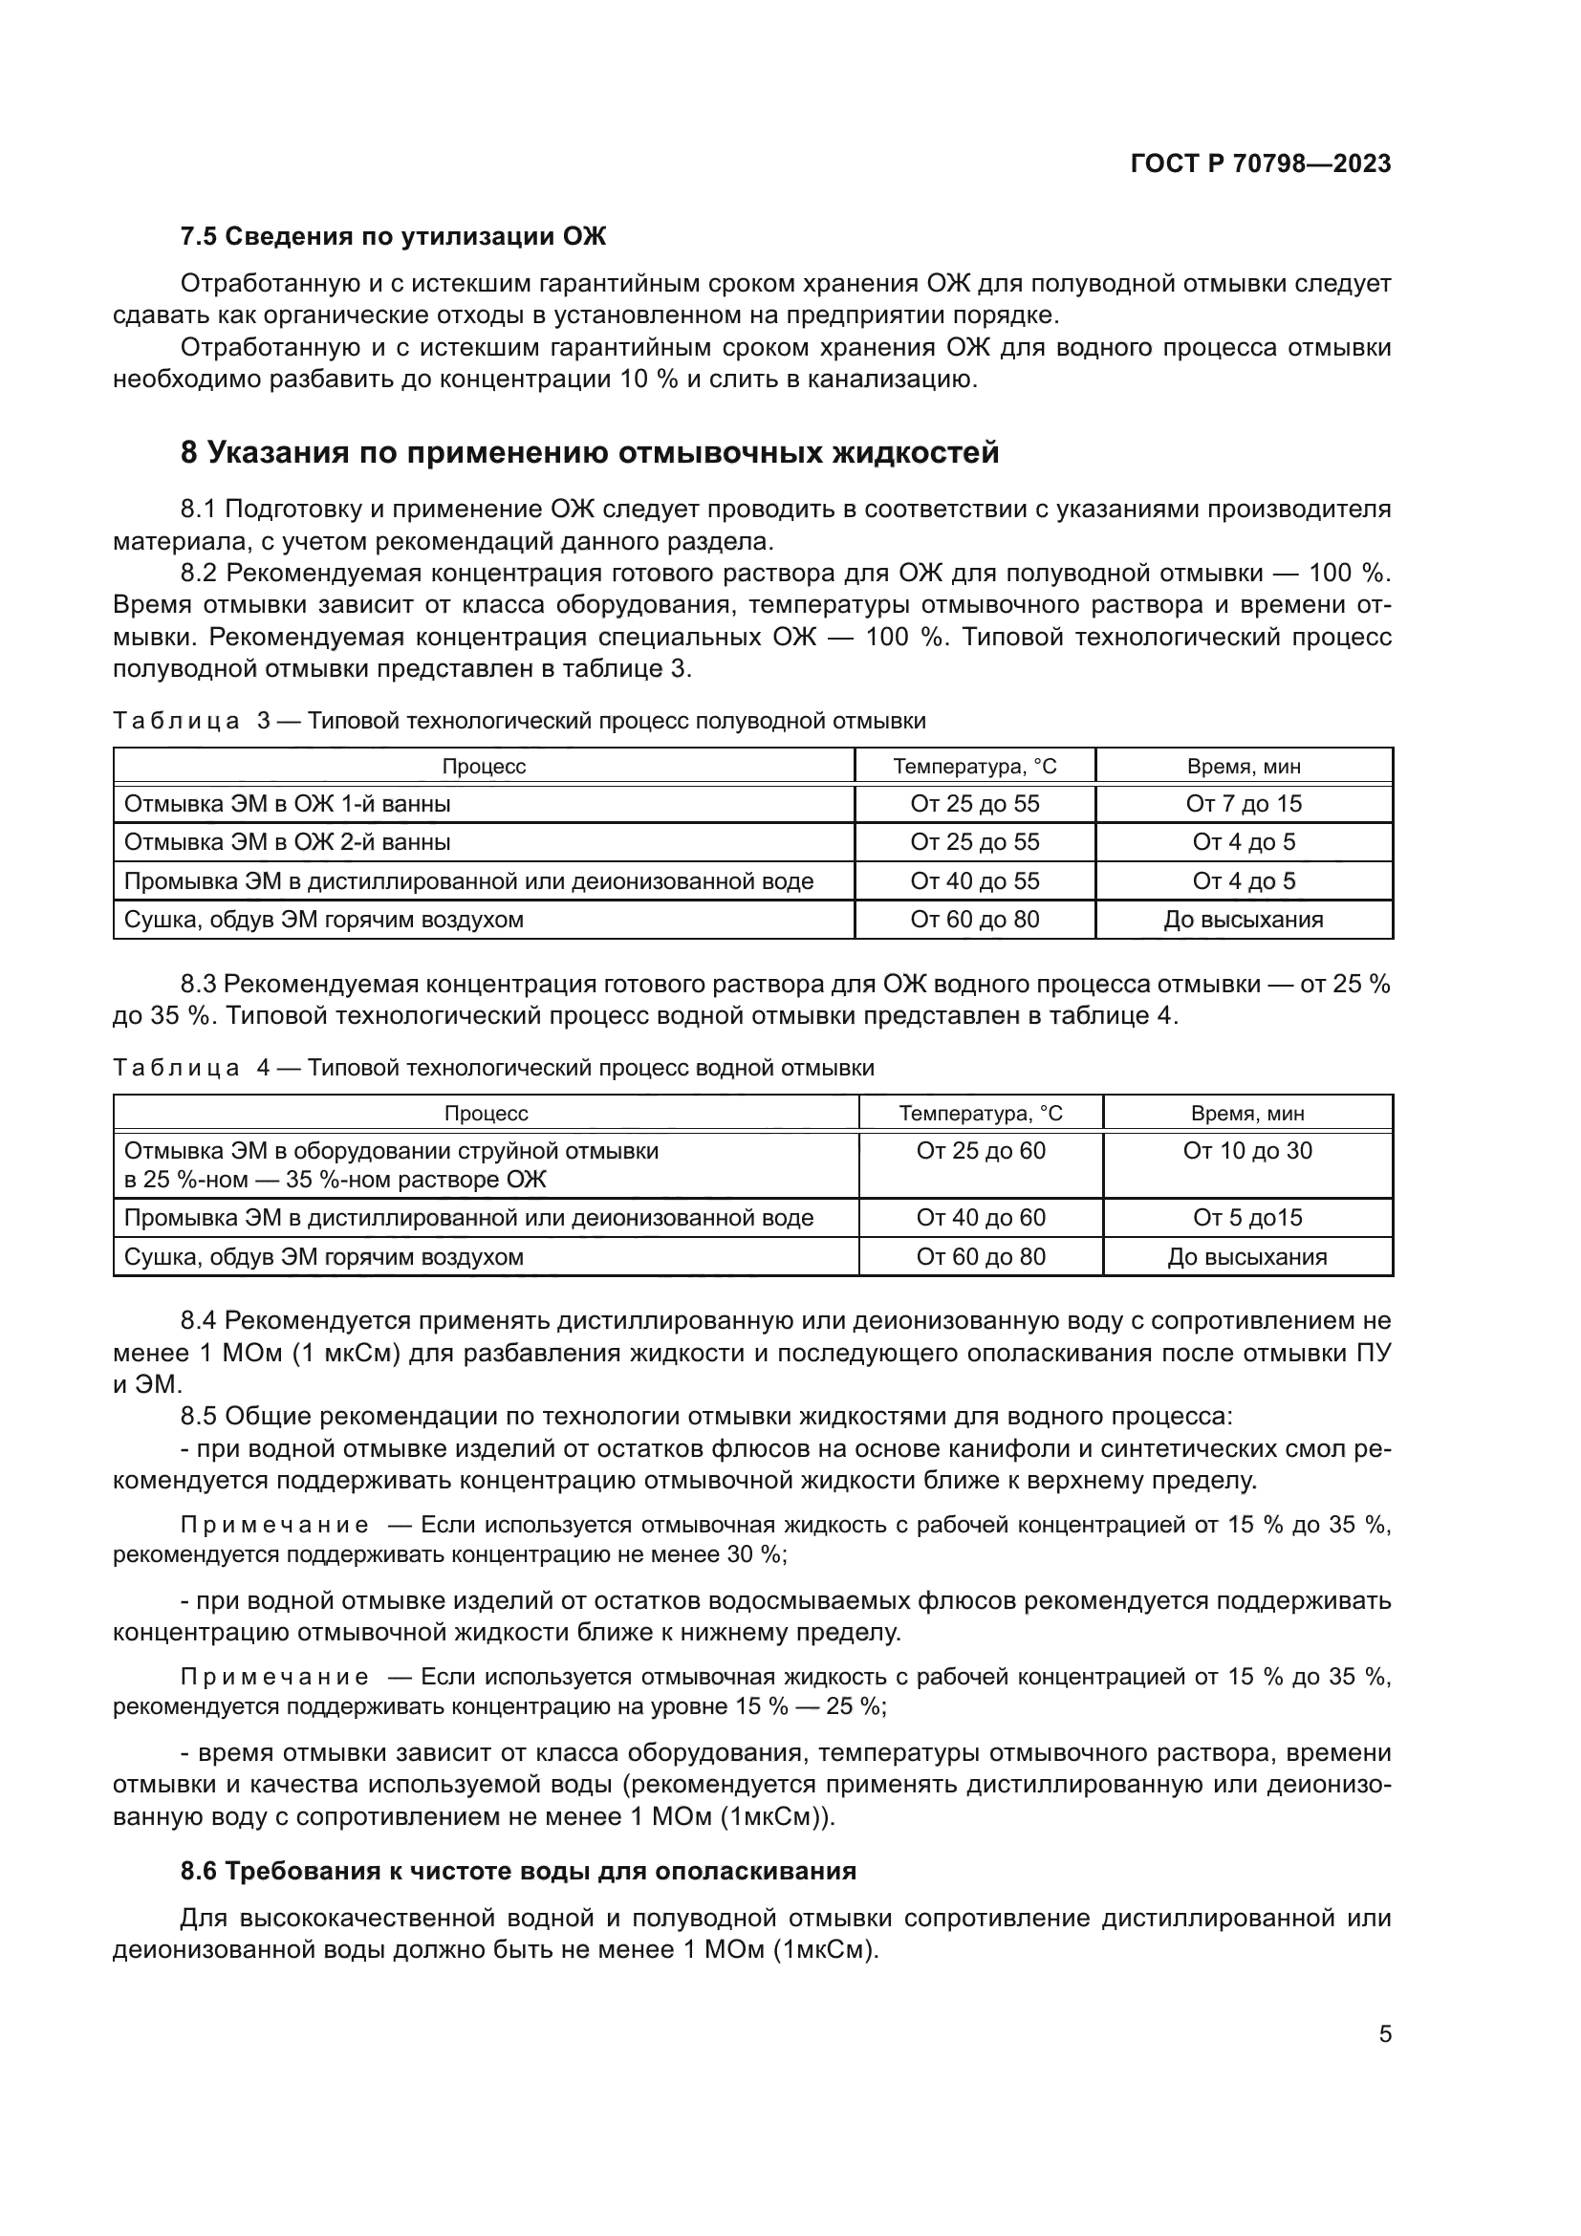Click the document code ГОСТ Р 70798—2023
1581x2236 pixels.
[1260, 163]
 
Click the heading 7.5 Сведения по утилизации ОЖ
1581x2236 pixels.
[392, 237]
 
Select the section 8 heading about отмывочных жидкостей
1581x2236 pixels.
[590, 453]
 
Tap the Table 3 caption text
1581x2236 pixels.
[519, 721]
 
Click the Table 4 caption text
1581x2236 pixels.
[493, 1068]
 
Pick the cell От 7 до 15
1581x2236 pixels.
[1244, 803]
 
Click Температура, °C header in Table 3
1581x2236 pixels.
[974, 767]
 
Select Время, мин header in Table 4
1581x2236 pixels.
[1247, 1113]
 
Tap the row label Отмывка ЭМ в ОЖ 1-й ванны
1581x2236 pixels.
[287, 803]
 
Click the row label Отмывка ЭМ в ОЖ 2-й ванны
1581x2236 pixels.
[287, 841]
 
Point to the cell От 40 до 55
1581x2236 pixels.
[974, 880]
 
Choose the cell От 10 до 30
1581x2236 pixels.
[1247, 1151]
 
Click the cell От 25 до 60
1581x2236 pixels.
[981, 1151]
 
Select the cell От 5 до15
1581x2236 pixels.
[1247, 1217]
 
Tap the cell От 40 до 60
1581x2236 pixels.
[981, 1217]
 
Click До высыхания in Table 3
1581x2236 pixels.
[1244, 920]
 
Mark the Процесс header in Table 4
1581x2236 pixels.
[486, 1113]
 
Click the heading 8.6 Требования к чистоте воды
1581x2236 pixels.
[518, 1871]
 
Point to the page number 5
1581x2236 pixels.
[1384, 2033]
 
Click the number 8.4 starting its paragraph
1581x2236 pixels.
[200, 1320]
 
